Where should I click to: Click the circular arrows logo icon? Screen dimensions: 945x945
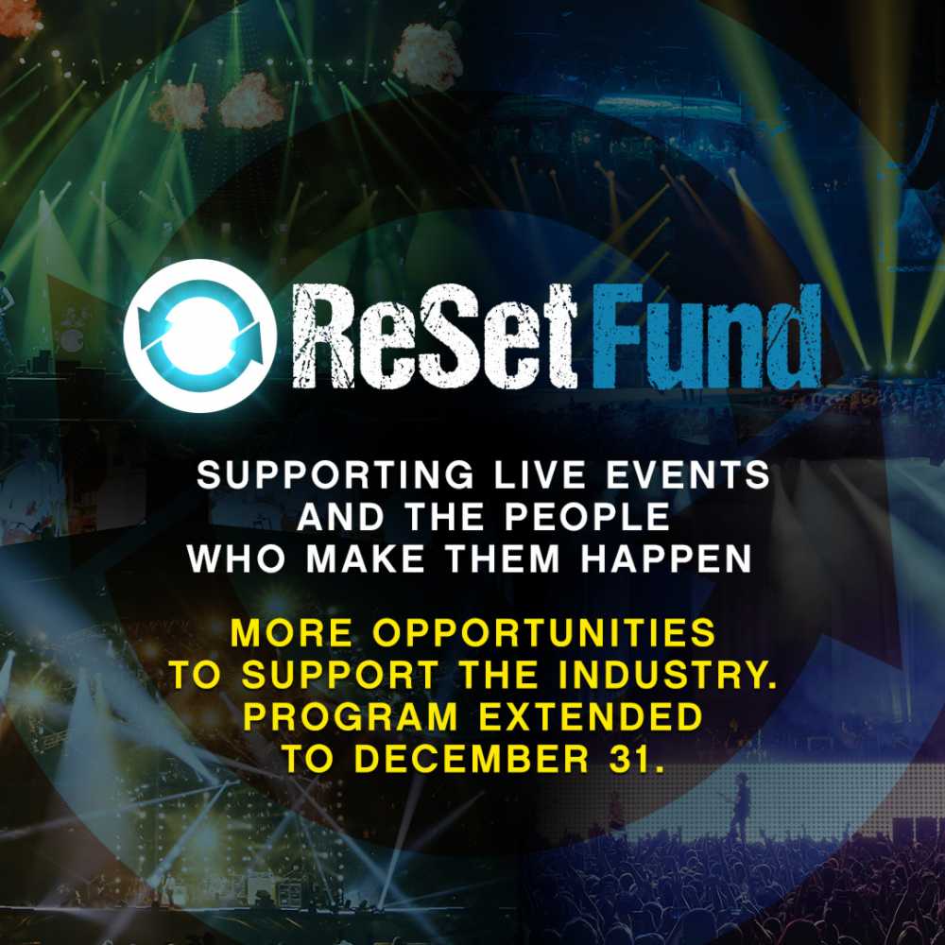(200, 335)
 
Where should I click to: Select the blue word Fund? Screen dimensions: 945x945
(707, 336)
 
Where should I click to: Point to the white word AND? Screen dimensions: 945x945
(347, 517)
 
